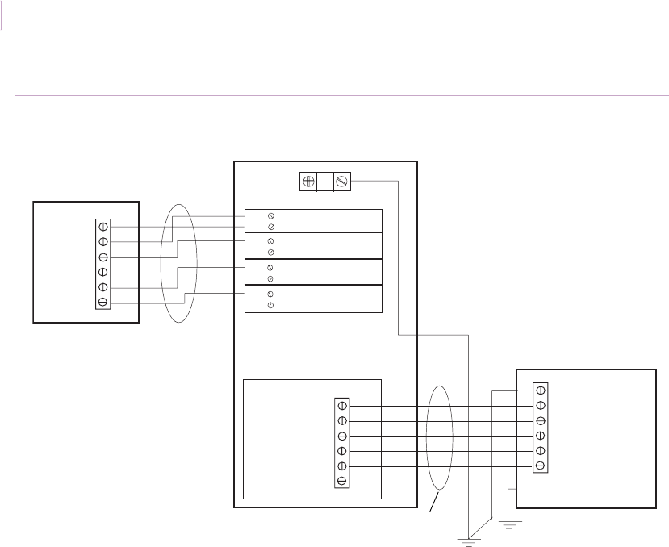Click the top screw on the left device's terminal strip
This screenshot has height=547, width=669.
pos(103,227)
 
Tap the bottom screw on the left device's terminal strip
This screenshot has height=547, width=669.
pos(103,303)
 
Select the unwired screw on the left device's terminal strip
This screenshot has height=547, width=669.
pos(103,272)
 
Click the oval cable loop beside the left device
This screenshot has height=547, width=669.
pos(178,262)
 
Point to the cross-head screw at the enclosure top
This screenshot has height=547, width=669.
pos(307,182)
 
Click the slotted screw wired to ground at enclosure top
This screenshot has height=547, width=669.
pos(341,182)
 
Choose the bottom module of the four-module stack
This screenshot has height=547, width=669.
pos(313,299)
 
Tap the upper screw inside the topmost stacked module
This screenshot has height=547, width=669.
pos(270,215)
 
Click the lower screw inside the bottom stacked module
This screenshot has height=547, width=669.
pos(270,306)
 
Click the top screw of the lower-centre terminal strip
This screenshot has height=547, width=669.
pos(342,405)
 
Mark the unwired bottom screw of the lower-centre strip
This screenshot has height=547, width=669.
pos(342,481)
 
